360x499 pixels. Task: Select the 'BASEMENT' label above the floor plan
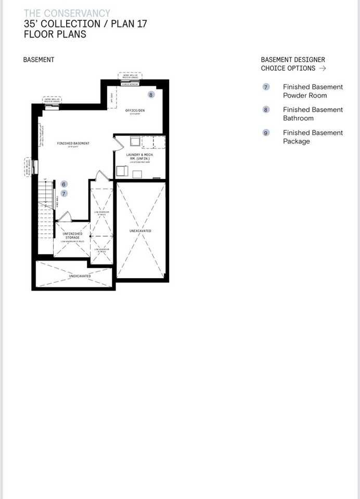(38, 60)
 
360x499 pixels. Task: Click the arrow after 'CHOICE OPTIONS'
(323, 68)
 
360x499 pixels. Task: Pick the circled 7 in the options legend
(266, 87)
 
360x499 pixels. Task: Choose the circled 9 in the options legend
(266, 133)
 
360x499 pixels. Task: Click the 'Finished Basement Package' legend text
(313, 137)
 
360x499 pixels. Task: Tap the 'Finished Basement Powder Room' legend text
(313, 91)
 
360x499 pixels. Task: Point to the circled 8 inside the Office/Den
(151, 95)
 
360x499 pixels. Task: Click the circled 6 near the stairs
(63, 184)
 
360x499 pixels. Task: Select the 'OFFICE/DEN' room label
(135, 111)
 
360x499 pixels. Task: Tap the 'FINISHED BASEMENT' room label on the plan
(73, 143)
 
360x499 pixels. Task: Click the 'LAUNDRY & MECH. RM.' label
(139, 157)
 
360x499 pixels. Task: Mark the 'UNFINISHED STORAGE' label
(72, 235)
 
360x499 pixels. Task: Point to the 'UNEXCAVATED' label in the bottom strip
(72, 276)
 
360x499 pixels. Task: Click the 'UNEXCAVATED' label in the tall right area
(140, 230)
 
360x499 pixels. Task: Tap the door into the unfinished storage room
(63, 216)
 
